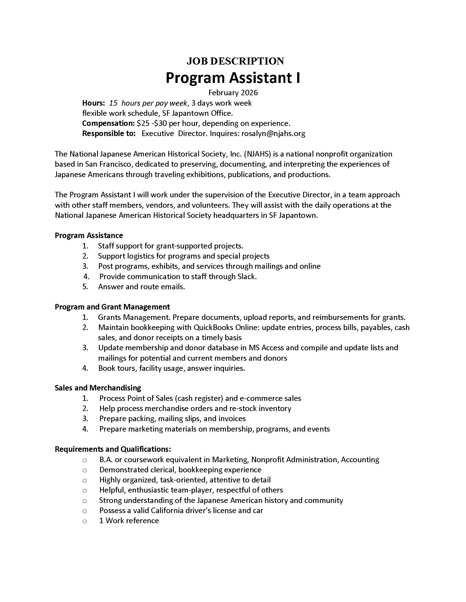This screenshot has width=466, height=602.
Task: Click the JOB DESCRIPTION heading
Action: point(235,61)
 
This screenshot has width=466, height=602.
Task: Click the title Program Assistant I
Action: point(233,78)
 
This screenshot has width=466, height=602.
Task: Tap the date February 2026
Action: point(233,92)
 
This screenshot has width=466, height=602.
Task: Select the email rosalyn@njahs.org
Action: point(273,134)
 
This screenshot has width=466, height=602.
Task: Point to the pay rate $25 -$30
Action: point(152,123)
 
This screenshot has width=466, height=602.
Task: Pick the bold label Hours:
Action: point(93,103)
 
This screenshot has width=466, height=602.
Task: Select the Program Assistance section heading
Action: point(89,235)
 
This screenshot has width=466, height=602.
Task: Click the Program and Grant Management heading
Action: point(112,307)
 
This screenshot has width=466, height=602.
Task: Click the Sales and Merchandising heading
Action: point(98,388)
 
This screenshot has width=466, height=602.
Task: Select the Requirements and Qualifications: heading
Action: point(113,449)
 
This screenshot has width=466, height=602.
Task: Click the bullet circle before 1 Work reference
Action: point(85,521)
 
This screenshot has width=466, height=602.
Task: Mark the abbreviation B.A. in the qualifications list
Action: point(106,460)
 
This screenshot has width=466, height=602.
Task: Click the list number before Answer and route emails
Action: point(85,287)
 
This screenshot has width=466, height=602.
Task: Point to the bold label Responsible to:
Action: point(109,134)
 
